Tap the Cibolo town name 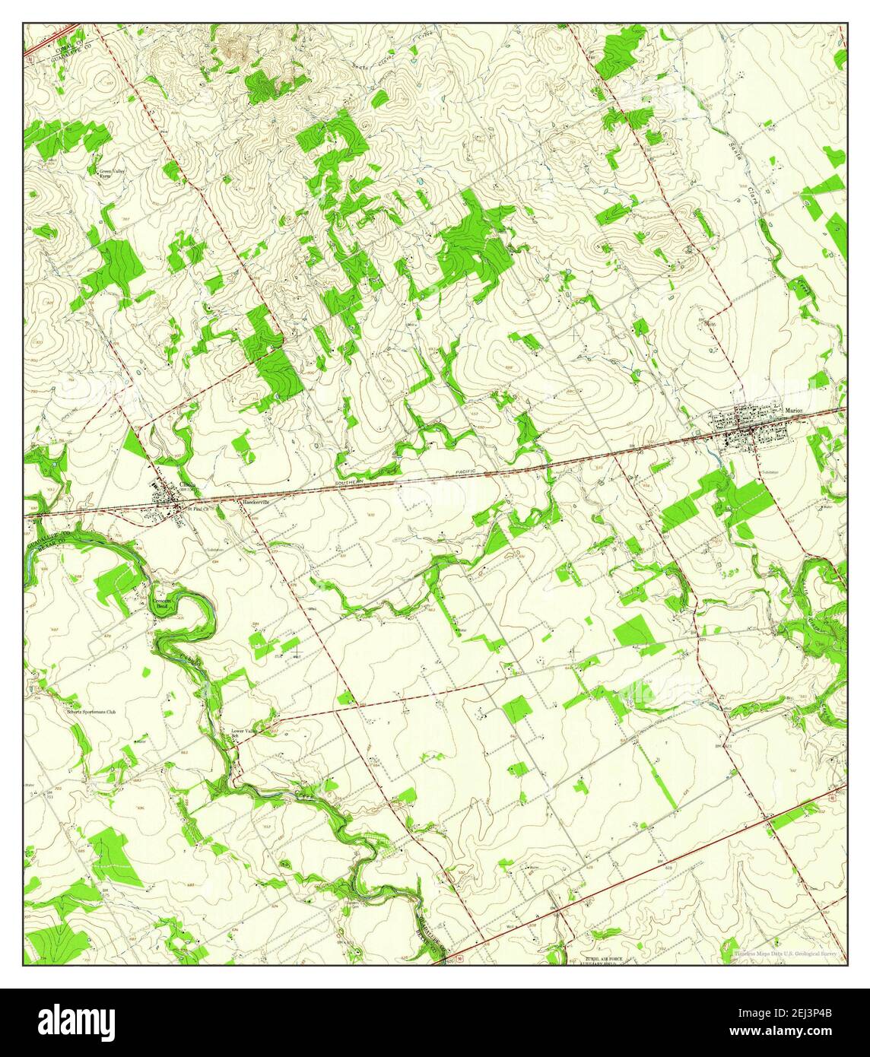tap(188, 484)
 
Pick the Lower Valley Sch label tap(243, 734)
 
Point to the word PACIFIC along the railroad tap(461, 472)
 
